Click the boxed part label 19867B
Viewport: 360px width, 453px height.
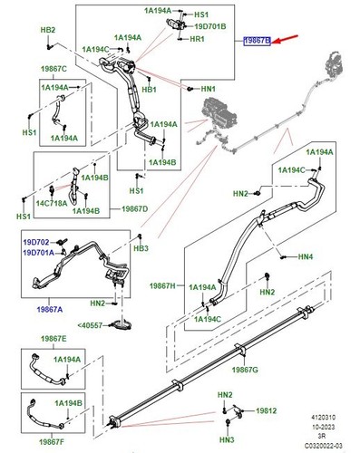tap(258, 41)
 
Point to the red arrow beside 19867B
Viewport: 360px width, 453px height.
tap(285, 40)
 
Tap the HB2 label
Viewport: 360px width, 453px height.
tap(48, 30)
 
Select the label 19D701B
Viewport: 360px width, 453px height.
tap(210, 26)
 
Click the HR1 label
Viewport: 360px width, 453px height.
tap(198, 39)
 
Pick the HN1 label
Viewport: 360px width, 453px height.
tap(209, 89)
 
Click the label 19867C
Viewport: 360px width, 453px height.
tap(54, 69)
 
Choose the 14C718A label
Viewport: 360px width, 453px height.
tap(52, 203)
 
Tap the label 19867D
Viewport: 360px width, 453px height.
tap(135, 208)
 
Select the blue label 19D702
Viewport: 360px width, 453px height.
tap(36, 242)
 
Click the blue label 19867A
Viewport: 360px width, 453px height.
tap(50, 309)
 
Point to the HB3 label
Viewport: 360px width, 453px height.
tap(141, 248)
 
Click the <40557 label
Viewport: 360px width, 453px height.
tap(90, 325)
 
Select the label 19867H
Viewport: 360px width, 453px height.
tap(163, 285)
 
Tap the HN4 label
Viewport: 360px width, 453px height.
tap(306, 256)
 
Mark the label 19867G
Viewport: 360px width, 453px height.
tap(245, 370)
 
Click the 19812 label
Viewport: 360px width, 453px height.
tap(267, 410)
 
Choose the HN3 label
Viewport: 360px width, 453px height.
tap(227, 439)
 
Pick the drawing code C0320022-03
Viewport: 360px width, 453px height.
tap(324, 446)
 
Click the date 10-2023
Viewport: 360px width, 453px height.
tap(324, 427)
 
